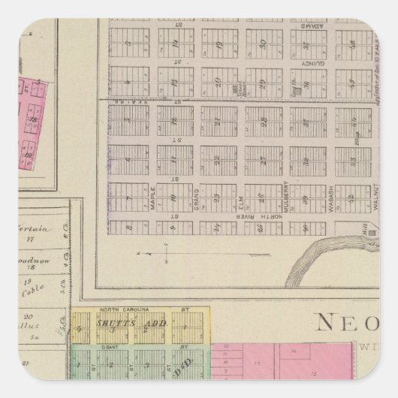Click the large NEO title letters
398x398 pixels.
pos(353,323)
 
